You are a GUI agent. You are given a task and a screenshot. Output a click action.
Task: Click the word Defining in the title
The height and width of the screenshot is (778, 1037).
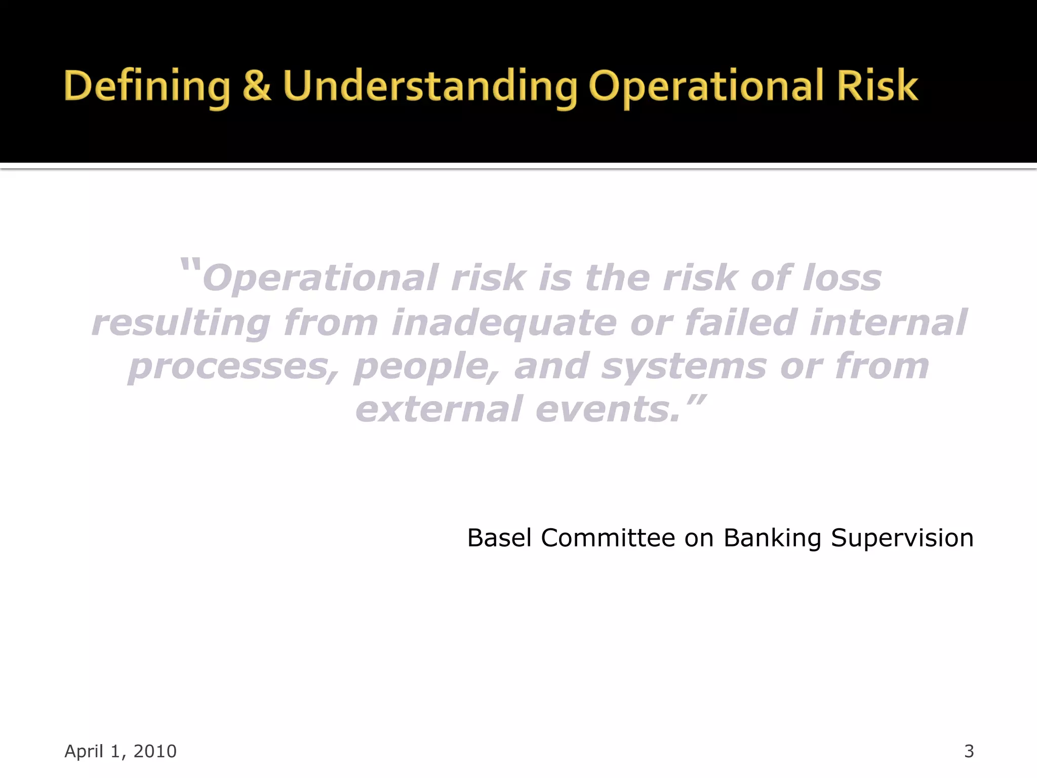click(x=147, y=86)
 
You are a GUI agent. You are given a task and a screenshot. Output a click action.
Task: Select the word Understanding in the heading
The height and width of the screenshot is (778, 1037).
click(x=430, y=86)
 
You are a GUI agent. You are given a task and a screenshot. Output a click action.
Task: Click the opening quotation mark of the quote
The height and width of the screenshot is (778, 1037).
click(x=190, y=266)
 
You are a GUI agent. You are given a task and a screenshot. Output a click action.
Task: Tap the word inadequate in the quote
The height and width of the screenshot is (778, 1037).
click(x=504, y=323)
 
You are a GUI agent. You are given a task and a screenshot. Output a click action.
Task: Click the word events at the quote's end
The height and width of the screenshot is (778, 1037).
click(x=608, y=409)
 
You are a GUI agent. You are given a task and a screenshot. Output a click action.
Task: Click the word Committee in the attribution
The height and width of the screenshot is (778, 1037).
click(x=608, y=537)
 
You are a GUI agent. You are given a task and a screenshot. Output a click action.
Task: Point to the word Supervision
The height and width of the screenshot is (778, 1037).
click(x=902, y=538)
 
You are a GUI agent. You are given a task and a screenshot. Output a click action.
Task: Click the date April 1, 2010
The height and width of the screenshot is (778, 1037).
click(x=121, y=751)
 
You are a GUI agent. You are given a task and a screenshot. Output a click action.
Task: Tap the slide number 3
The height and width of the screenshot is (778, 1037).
click(x=969, y=751)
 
